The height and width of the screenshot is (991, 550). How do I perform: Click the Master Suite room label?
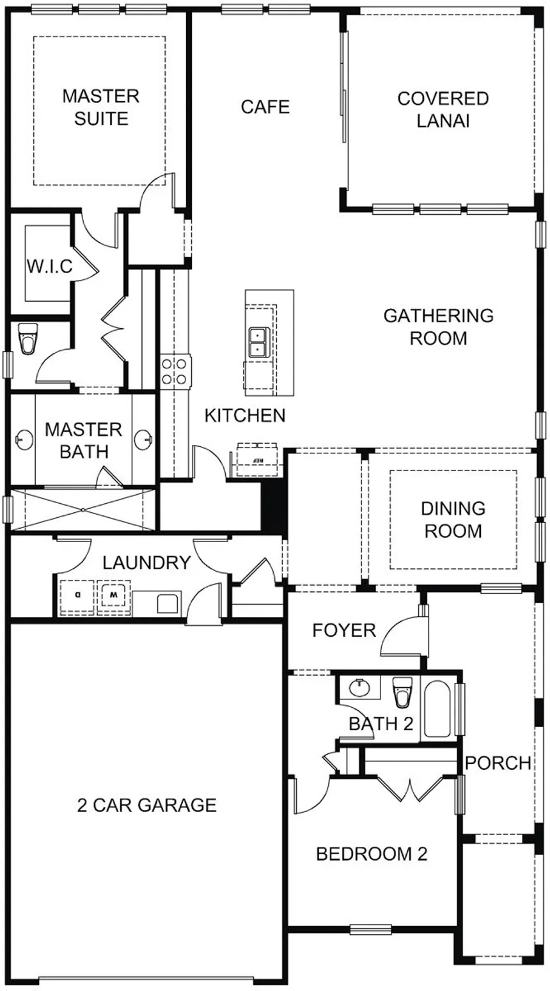tap(101, 107)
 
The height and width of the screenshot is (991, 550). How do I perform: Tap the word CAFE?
tap(265, 107)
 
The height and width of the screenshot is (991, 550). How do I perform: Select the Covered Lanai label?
tap(443, 109)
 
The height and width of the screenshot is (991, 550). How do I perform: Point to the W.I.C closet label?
tap(49, 267)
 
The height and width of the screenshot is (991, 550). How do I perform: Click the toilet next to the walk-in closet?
tap(28, 338)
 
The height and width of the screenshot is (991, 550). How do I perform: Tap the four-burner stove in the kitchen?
tap(176, 371)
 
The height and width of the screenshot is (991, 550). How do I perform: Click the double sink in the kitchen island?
tap(256, 342)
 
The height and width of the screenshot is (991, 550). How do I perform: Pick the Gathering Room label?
tap(439, 327)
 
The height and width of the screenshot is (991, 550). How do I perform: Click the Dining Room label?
tap(453, 520)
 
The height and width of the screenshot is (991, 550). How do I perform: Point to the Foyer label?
tap(344, 630)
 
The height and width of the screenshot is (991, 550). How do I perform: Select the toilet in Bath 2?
tap(402, 692)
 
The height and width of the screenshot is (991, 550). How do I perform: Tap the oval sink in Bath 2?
tap(359, 687)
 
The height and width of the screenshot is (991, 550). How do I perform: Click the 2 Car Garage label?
tap(146, 805)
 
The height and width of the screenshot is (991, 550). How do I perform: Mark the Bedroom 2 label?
tap(372, 854)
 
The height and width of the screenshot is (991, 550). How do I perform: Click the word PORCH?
tap(498, 763)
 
